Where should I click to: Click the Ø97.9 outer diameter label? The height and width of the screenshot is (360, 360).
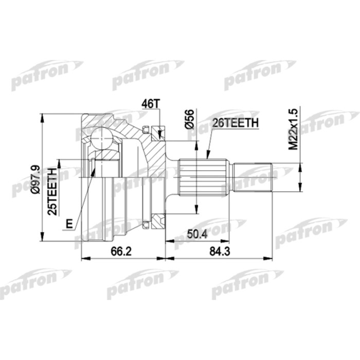click(34, 177)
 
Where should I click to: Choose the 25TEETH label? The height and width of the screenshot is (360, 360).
click(51, 191)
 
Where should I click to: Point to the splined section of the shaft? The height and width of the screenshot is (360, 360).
click(204, 177)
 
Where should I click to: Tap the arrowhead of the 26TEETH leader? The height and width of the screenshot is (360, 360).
click(207, 155)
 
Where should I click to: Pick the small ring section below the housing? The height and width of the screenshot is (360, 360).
click(146, 223)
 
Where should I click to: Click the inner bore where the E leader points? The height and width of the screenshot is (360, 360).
click(96, 170)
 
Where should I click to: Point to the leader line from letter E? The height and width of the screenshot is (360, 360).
click(82, 198)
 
